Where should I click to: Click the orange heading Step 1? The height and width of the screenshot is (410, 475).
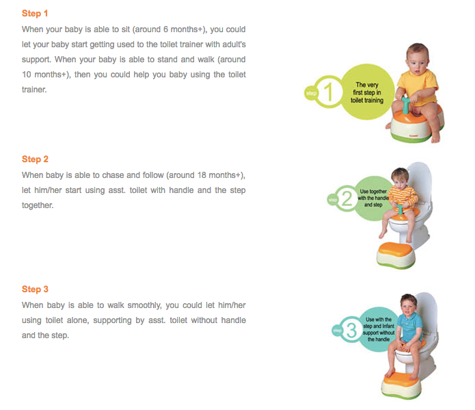[35, 14]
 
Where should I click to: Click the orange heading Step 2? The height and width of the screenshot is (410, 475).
[35, 159]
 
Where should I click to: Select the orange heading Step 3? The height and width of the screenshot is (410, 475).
[35, 290]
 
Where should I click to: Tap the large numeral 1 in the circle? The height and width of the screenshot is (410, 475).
[329, 91]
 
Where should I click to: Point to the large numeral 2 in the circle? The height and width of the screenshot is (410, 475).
[347, 198]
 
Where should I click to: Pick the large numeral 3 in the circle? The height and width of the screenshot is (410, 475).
[351, 330]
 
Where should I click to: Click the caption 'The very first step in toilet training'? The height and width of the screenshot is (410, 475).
[367, 92]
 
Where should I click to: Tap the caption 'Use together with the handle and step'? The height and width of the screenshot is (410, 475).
[373, 198]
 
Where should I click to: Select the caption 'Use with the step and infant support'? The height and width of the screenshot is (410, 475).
[379, 329]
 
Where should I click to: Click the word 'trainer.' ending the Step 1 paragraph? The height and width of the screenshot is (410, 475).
[34, 90]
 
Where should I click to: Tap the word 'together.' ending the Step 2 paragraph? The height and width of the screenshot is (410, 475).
[38, 205]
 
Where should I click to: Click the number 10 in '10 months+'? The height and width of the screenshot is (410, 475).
[27, 75]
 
